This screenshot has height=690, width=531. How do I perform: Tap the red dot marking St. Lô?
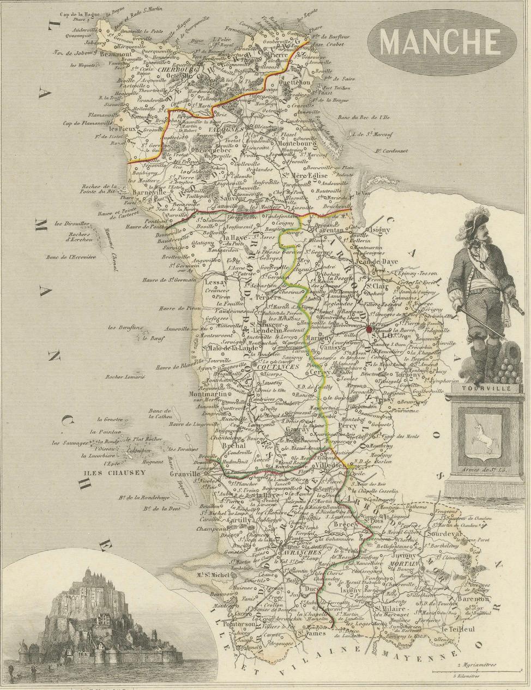point(370,329)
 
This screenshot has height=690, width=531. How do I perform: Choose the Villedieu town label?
point(316,467)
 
